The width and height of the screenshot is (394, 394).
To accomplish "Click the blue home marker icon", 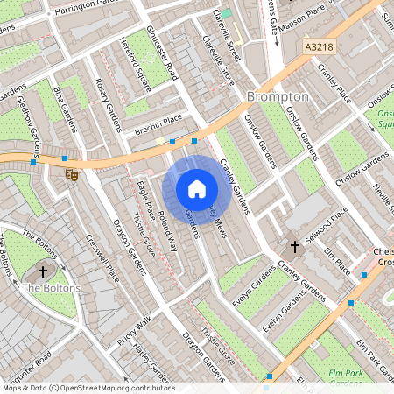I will tap(197, 189).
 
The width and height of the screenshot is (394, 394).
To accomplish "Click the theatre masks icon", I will tap(74, 174).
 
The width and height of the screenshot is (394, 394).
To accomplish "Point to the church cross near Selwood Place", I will tap(294, 248).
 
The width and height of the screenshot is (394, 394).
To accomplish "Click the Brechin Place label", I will tap(158, 123).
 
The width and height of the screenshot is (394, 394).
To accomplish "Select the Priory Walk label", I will tap(132, 327).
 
